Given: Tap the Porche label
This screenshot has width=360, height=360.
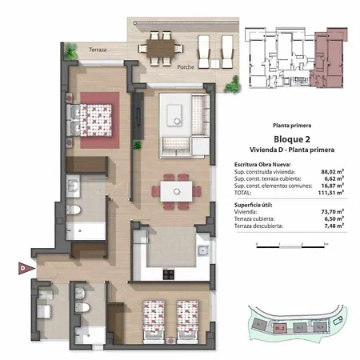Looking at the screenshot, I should point(188,66).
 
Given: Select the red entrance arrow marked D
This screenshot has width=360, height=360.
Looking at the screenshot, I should point(22,268).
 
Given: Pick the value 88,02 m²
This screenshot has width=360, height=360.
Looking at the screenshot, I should point(333,171).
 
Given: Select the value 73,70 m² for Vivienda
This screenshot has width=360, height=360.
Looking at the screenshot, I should point(333,212).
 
